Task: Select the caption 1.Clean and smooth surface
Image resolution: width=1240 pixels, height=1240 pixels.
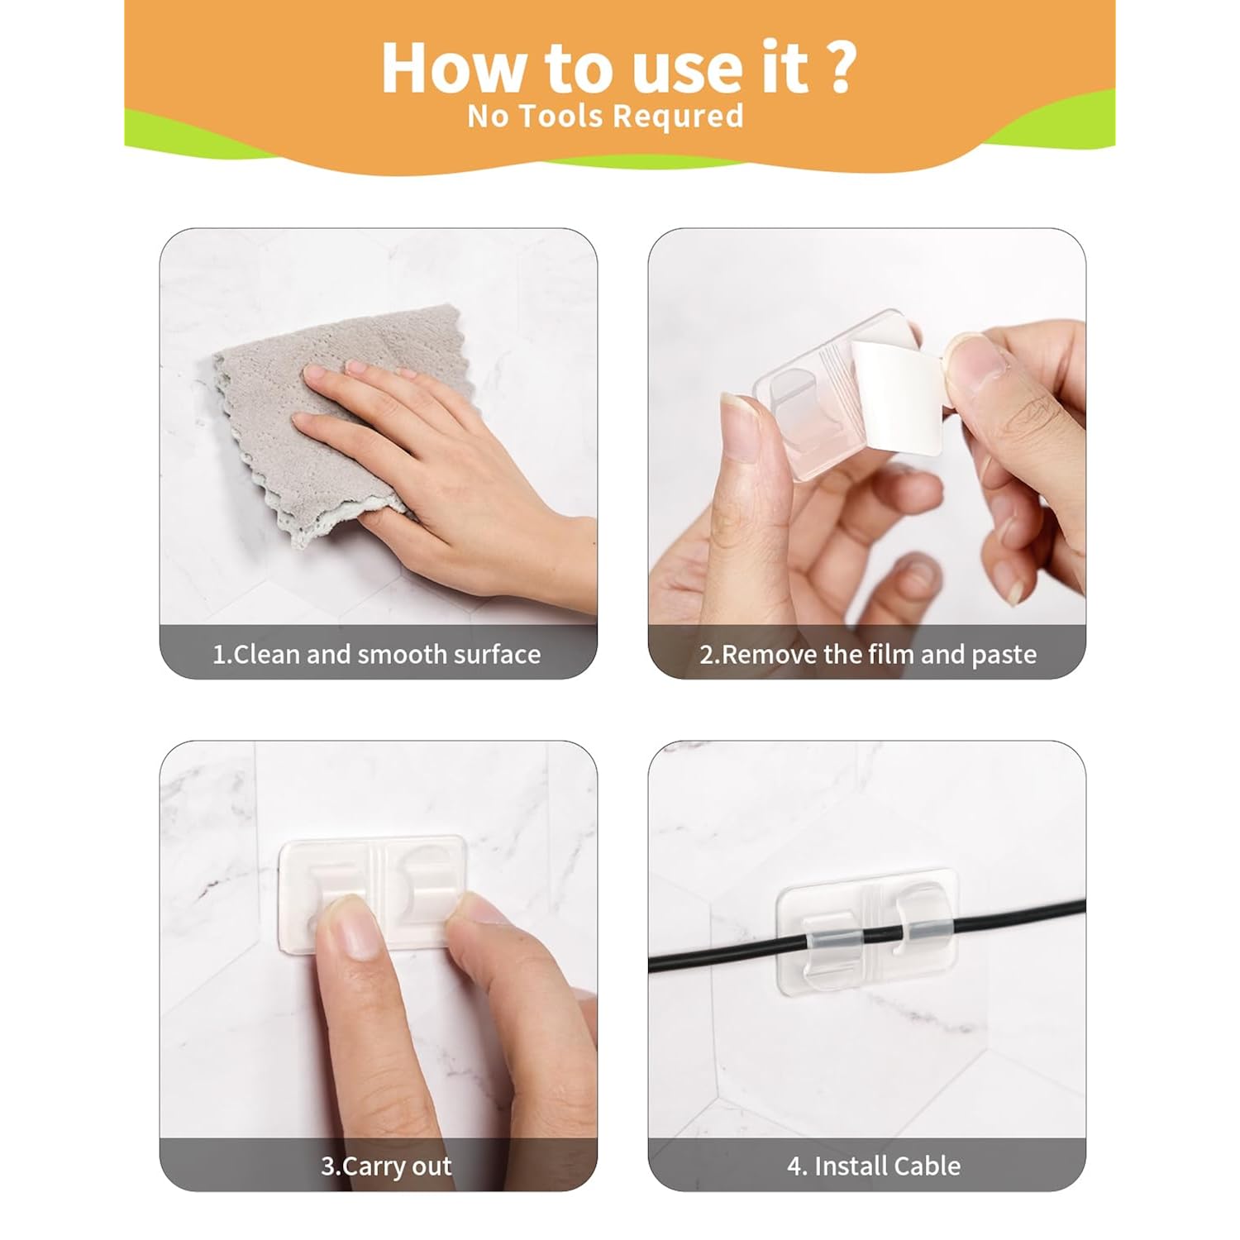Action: coord(377,655)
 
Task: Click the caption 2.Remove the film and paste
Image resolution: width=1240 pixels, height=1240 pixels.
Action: coord(868,655)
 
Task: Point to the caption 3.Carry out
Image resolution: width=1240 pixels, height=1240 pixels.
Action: coord(386,1166)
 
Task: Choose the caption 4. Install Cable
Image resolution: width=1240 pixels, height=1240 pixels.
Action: coord(874,1166)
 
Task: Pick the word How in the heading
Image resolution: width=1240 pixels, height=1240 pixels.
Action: coord(453,67)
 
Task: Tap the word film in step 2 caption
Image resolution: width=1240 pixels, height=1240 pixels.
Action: coord(890,654)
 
